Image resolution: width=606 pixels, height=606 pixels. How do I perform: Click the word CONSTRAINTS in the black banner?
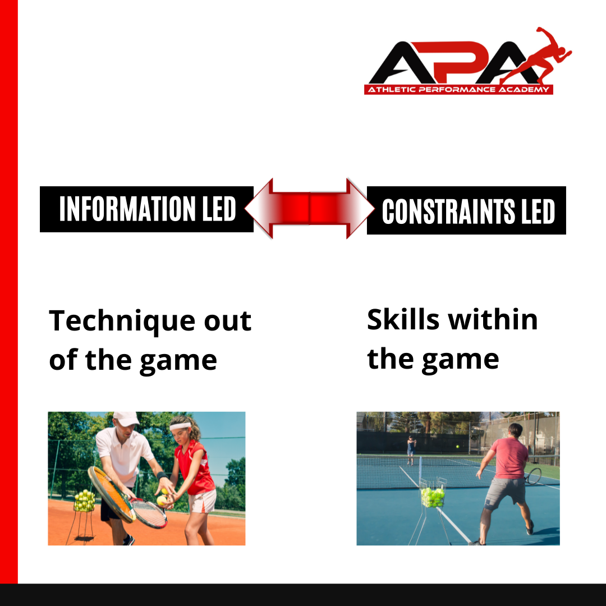(448, 211)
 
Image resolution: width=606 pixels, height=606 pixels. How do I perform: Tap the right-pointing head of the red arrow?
(360, 209)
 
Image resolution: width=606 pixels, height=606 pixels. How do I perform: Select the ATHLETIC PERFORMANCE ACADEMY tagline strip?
(458, 90)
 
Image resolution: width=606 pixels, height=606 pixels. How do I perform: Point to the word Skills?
(403, 320)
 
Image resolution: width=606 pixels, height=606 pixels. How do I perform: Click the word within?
(493, 320)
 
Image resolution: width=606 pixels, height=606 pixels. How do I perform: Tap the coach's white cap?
(126, 419)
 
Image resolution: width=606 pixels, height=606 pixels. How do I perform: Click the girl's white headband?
(181, 426)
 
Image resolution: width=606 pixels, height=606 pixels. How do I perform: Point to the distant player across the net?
(411, 450)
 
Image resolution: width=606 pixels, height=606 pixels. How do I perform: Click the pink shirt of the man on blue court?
(509, 458)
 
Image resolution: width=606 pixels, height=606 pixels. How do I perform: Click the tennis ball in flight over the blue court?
(458, 447)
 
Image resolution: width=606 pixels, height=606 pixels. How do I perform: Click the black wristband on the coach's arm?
(162, 475)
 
